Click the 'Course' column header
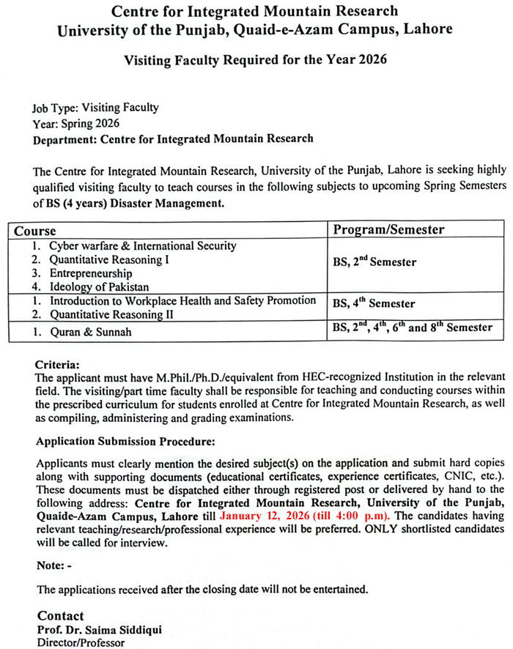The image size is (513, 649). click(35, 231)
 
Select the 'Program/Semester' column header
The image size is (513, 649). click(388, 230)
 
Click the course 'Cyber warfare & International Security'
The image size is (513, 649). click(142, 246)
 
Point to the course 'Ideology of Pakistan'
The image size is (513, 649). click(99, 287)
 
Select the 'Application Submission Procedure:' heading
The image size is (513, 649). click(125, 442)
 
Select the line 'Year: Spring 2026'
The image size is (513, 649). click(76, 123)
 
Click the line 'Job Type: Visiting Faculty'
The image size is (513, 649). click(95, 108)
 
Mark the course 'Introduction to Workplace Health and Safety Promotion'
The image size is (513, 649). click(182, 300)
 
